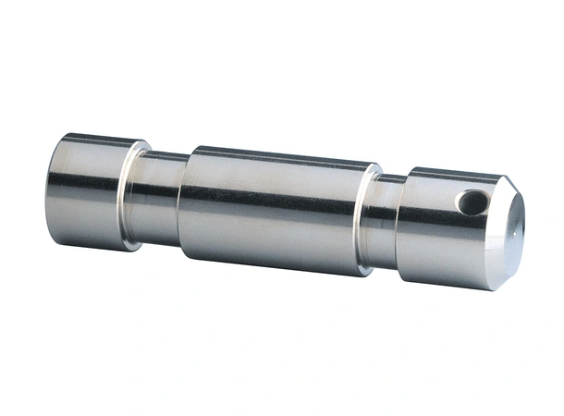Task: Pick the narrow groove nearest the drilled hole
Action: (386, 222)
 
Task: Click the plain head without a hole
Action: (88, 190)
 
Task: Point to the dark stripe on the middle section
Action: (277, 196)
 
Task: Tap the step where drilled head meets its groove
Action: (402, 224)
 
